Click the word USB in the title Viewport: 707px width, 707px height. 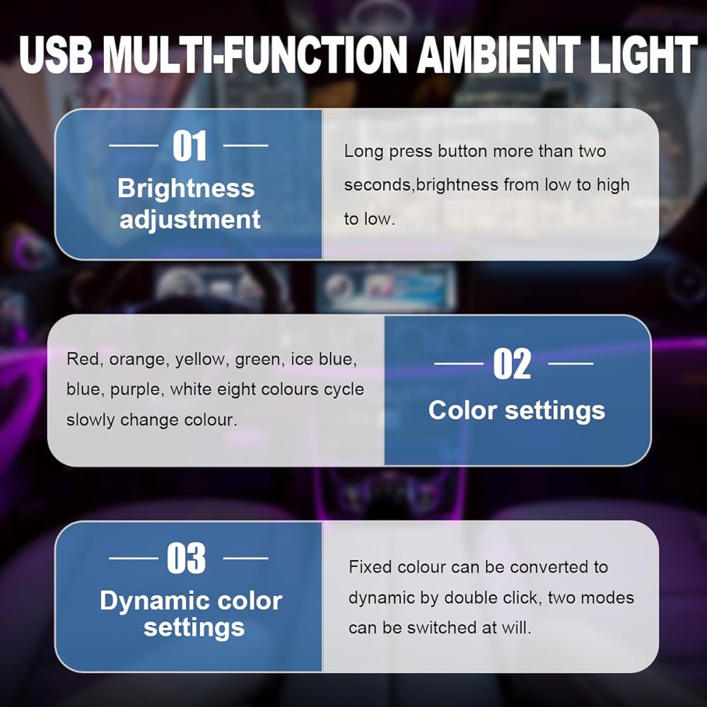(56, 54)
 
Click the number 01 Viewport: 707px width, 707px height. (189, 146)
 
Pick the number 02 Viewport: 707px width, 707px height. (512, 364)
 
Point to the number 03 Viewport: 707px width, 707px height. (186, 559)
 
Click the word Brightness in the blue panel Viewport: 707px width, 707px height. (186, 189)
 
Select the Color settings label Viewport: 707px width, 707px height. (517, 411)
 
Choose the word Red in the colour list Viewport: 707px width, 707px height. (81, 359)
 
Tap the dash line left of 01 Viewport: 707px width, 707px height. (134, 146)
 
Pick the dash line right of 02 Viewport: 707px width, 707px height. (571, 363)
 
